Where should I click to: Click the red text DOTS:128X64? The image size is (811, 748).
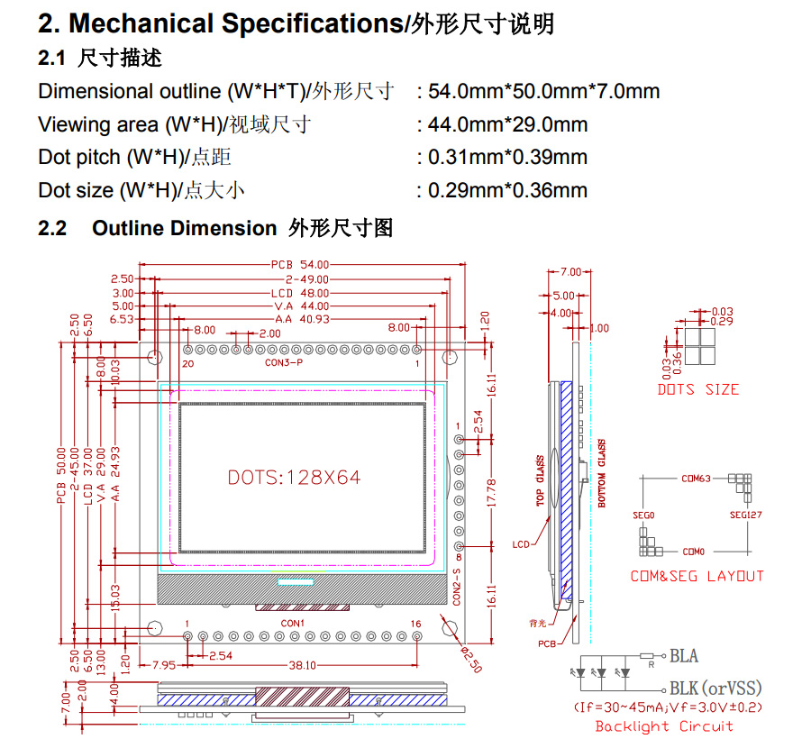[294, 478]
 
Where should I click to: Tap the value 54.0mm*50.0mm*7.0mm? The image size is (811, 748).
[544, 91]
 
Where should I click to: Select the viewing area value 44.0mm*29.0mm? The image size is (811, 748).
[508, 124]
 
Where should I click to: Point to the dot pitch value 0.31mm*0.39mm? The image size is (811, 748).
[508, 157]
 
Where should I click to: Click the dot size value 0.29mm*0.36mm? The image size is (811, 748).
[508, 190]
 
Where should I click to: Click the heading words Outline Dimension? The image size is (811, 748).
[184, 228]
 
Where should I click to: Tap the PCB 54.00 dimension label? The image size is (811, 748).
[300, 265]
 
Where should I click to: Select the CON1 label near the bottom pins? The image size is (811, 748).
[293, 624]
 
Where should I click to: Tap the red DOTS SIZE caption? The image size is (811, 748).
[698, 389]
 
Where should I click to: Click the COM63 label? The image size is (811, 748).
[697, 479]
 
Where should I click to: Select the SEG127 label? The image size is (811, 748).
[746, 516]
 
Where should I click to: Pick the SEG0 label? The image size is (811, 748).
[643, 515]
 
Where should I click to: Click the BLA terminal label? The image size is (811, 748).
[684, 655]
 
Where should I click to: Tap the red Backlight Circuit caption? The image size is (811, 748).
[664, 726]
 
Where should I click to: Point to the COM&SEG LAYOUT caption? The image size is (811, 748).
[697, 576]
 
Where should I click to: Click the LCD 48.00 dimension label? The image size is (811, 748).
[300, 294]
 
